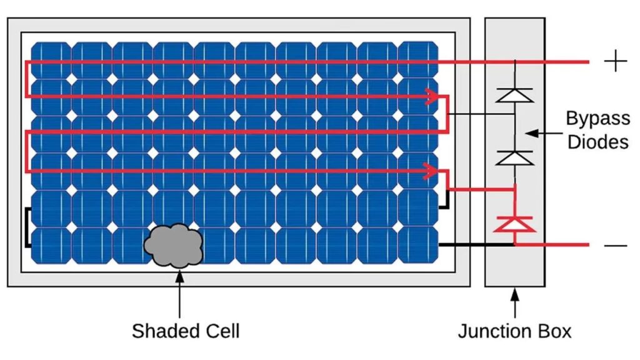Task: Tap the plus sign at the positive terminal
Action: [616, 61]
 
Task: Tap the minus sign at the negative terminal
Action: [616, 245]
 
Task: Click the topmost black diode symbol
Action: [514, 95]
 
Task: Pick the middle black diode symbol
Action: [514, 157]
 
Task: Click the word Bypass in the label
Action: [597, 119]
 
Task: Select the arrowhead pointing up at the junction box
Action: [515, 293]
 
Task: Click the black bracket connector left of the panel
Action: [27, 227]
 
